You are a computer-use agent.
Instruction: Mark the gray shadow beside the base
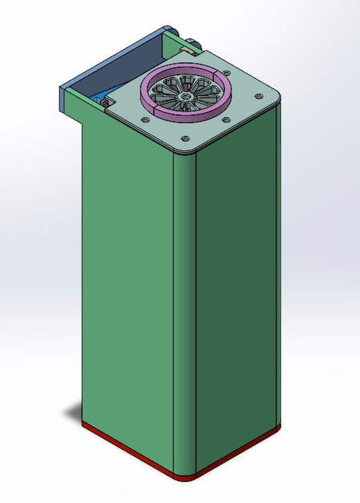73,410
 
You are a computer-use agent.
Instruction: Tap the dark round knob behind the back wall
196,45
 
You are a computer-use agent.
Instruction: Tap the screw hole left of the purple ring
144,119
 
